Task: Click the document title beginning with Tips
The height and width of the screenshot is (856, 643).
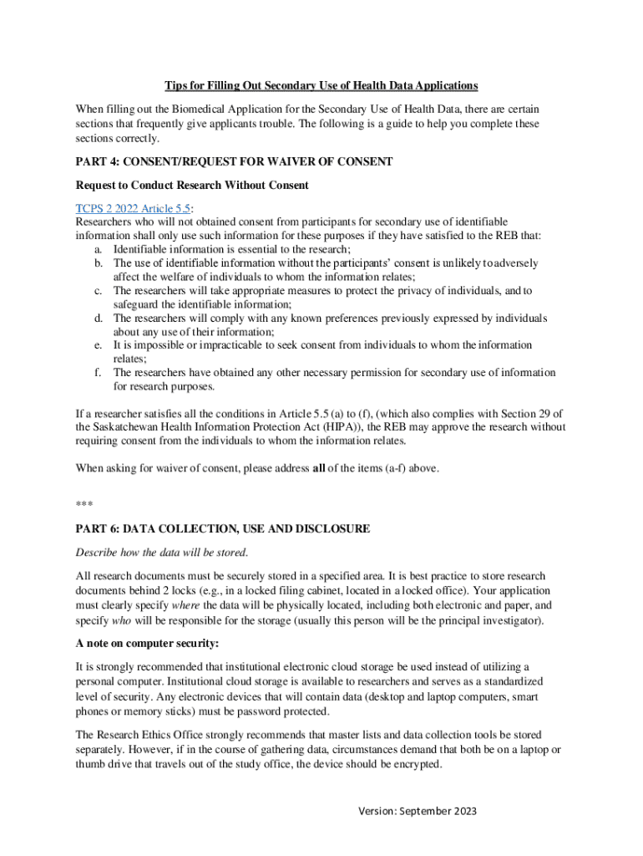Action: point(321,86)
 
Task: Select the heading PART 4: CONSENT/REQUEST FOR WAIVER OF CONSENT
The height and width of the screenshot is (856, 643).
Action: point(234,161)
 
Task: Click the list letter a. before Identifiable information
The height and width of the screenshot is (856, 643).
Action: point(99,249)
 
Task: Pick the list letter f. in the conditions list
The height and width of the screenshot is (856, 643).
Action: point(99,373)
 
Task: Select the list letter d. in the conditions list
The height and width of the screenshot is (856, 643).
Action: point(99,318)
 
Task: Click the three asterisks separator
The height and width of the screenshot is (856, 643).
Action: point(84,503)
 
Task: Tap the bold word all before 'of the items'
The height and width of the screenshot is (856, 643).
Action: point(319,468)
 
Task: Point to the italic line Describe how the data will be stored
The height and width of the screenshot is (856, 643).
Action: point(162,553)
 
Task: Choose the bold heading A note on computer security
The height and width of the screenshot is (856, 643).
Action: point(147,643)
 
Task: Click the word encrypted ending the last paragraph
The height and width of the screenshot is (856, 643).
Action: point(414,763)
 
